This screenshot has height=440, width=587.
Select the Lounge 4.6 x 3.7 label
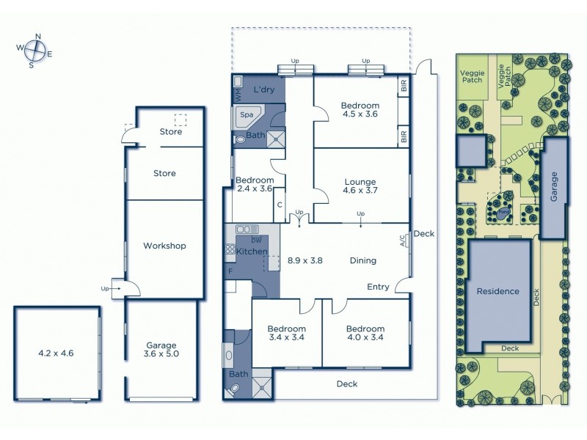360,186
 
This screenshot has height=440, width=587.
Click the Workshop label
164,246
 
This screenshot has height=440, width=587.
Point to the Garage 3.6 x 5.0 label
160,350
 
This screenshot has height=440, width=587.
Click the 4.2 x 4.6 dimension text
56,353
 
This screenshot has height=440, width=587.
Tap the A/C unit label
403,241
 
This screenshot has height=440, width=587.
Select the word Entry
378,287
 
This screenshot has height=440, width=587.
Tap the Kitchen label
252,252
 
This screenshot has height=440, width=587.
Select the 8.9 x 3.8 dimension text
305,260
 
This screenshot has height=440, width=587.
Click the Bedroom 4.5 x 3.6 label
360,110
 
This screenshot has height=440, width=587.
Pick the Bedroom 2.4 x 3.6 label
254,184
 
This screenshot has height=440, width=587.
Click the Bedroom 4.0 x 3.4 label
365,333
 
